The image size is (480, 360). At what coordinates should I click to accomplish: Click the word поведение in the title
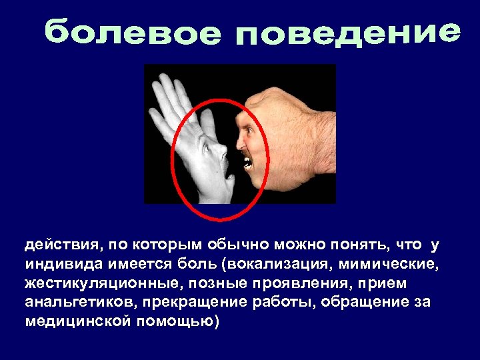(347, 33)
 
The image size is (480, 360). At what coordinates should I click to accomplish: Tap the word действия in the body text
(53, 245)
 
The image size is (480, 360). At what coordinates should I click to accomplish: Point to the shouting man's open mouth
(247, 162)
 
